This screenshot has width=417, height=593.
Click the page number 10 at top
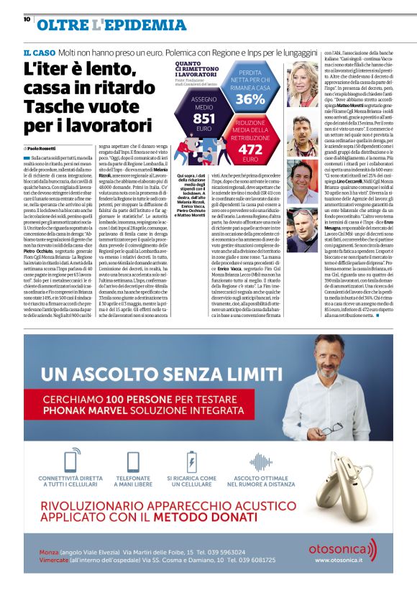pyautogui.click(x=26, y=19)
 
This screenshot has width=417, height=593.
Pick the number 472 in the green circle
pyautogui.click(x=249, y=149)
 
